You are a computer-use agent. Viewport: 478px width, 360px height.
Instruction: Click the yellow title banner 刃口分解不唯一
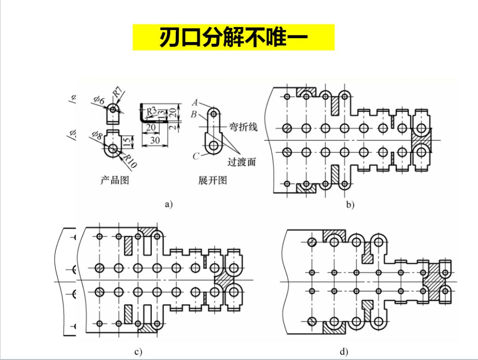pos(233,38)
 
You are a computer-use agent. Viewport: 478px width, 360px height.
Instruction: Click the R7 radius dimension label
pos(117,93)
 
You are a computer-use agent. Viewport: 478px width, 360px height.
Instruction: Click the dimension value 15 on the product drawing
pos(127,142)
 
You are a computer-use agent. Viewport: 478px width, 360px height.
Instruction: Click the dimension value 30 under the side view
pos(154,140)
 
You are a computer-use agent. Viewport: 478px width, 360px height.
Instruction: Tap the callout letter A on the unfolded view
pos(195,102)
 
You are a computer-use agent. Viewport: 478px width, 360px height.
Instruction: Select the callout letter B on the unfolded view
pos(194,114)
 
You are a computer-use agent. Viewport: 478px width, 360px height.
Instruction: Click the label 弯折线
pos(243,128)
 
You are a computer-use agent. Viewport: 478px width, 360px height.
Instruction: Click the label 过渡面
pos(242,162)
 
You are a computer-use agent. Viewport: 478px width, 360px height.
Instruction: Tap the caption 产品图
pos(115,180)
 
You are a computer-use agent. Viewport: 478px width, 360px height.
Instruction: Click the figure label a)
pos(168,204)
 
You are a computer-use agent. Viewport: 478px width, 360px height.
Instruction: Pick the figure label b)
pos(351,205)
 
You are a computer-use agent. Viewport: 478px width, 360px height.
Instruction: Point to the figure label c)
pos(138,352)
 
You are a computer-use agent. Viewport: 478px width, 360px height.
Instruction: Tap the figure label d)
pos(344,352)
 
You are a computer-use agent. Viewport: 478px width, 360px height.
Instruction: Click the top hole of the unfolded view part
pos(214,114)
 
